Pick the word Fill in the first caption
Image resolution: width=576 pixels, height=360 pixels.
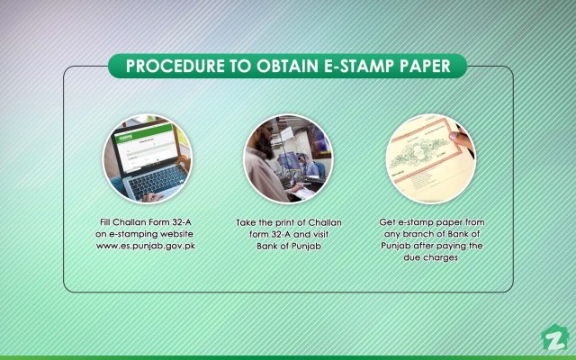tap(107, 220)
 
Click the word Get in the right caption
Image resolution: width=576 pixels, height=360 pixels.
tap(390, 220)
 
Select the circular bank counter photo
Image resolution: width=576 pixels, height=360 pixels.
tap(287, 160)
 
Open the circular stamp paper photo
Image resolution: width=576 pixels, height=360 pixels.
tap(430, 160)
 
